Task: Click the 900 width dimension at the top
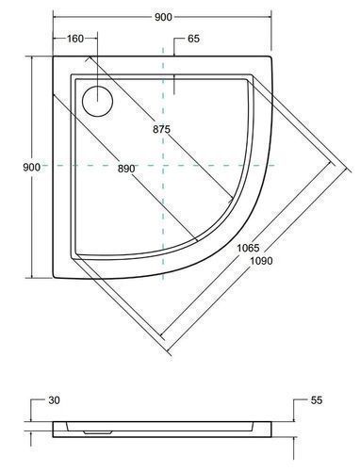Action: pyautogui.click(x=163, y=17)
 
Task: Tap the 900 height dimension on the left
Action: pyautogui.click(x=31, y=167)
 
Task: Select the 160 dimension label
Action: pyautogui.click(x=75, y=39)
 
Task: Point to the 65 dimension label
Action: pyautogui.click(x=193, y=39)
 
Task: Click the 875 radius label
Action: pyautogui.click(x=161, y=129)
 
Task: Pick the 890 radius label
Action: pyautogui.click(x=126, y=169)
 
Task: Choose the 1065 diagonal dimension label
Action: pyautogui.click(x=248, y=248)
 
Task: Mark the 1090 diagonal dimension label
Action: pyautogui.click(x=261, y=261)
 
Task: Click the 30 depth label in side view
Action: pyautogui.click(x=54, y=400)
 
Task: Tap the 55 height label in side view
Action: pyautogui.click(x=317, y=400)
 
